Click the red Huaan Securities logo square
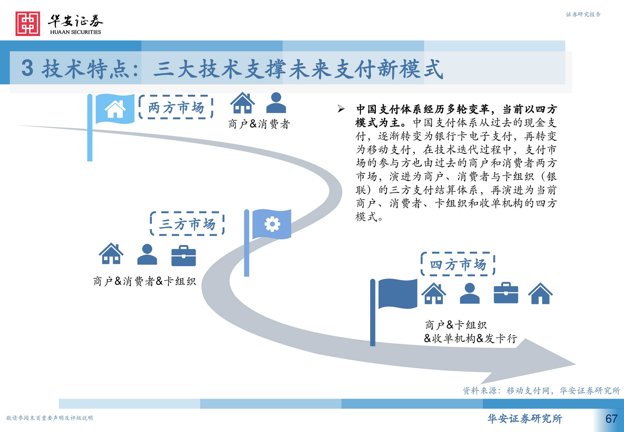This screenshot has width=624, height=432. click(28, 24)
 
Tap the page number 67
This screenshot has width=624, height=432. click(611, 419)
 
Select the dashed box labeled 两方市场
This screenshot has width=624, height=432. click(176, 107)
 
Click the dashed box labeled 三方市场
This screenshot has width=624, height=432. click(187, 224)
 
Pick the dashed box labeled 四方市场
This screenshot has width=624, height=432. click(458, 264)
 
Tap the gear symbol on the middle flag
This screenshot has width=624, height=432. click(272, 224)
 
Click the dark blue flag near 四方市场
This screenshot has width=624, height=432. click(397, 294)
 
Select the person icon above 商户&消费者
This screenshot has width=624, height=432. click(276, 103)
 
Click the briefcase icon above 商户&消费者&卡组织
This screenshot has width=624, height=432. click(183, 256)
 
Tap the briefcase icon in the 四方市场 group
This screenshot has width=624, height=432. click(506, 293)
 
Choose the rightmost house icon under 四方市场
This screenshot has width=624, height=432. click(540, 294)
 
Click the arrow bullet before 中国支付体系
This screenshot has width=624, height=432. click(341, 109)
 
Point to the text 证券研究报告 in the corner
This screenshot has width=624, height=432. click(583, 14)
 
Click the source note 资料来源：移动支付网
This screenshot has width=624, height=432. click(541, 391)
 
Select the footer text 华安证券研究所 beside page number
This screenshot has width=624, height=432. click(525, 419)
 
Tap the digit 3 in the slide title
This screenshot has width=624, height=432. click(27, 68)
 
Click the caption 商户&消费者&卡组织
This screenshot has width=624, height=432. click(144, 281)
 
